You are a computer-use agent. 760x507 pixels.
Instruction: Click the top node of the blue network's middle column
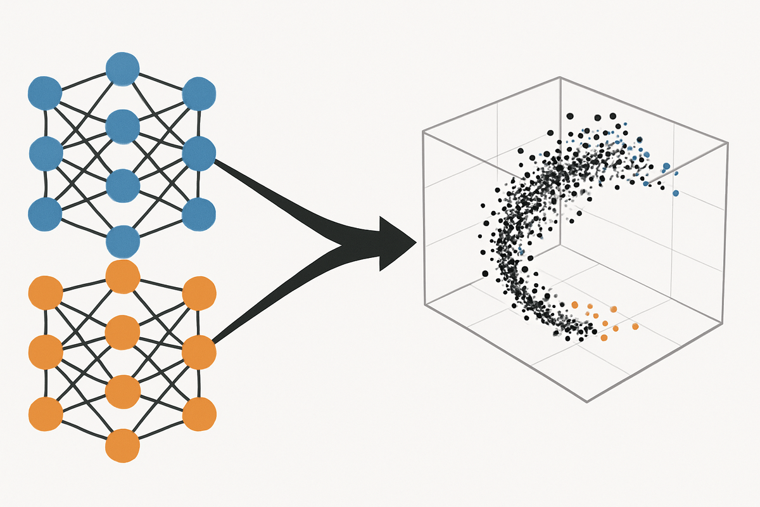point(122,68)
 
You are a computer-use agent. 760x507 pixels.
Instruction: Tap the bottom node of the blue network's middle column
point(123,241)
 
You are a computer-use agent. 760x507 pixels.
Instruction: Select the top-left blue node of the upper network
point(45,94)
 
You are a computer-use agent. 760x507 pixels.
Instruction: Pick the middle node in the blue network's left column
point(46,153)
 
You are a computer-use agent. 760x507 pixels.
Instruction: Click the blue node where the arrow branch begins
point(199,153)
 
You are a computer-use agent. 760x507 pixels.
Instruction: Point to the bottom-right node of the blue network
point(199,214)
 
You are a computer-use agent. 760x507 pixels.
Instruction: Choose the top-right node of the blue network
point(199,94)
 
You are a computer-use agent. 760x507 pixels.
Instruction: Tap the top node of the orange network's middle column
point(123,276)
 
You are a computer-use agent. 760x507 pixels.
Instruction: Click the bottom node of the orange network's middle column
point(123,446)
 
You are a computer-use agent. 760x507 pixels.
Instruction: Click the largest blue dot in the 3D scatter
point(666,167)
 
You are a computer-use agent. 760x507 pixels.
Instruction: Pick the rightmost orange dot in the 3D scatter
point(635,326)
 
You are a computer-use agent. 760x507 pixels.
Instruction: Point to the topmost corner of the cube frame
point(560,77)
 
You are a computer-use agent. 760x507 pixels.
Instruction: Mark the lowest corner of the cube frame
point(588,401)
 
